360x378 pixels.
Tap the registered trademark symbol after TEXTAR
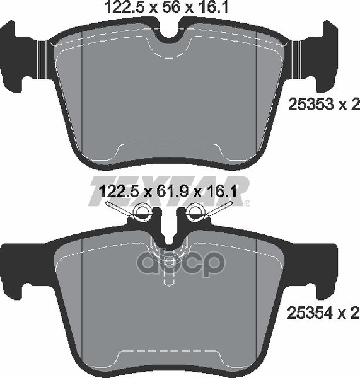tap(247, 203)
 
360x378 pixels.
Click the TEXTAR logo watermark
tap(170, 189)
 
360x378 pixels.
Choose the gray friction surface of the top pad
tap(170, 94)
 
